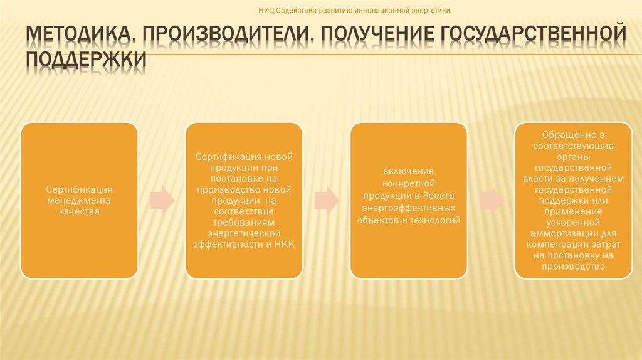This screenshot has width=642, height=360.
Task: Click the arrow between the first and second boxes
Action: click(162, 199)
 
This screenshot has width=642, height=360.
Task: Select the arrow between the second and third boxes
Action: click(326, 199)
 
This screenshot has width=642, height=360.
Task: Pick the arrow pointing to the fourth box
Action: click(491, 199)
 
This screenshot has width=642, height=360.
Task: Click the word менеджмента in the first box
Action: click(79, 201)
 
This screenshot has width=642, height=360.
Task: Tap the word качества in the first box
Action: click(79, 212)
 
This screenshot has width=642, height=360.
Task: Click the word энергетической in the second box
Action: click(244, 233)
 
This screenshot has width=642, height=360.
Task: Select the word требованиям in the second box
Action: click(244, 223)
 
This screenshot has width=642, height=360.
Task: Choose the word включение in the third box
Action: click(408, 171)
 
